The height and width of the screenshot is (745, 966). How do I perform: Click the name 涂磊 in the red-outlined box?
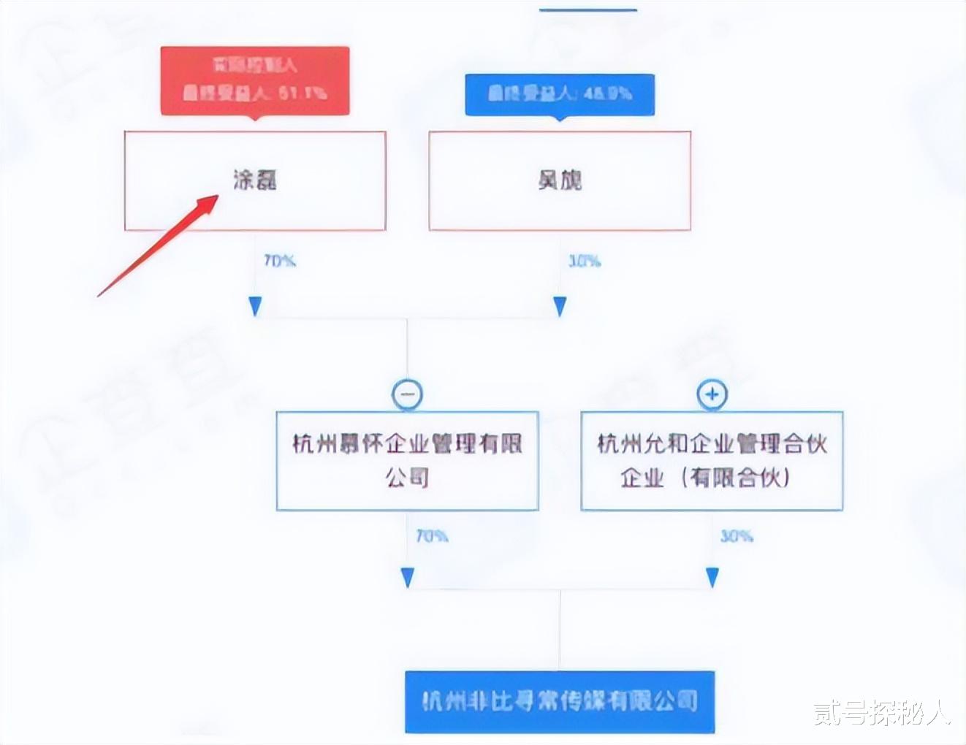pyautogui.click(x=255, y=180)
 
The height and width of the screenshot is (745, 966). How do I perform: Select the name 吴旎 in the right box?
pyautogui.click(x=560, y=180)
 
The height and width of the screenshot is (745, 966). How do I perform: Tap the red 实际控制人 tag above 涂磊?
pyautogui.click(x=255, y=80)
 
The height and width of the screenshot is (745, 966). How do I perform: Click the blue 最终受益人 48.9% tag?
pyautogui.click(x=560, y=93)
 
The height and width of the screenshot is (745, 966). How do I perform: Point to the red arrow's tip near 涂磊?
pyautogui.click(x=217, y=196)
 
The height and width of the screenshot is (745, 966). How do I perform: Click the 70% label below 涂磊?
pyautogui.click(x=279, y=261)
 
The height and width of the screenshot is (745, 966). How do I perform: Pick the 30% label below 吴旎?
pyautogui.click(x=585, y=261)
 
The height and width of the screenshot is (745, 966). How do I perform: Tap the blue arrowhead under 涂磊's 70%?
pyautogui.click(x=255, y=306)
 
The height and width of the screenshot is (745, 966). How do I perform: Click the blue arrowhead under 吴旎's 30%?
pyautogui.click(x=560, y=306)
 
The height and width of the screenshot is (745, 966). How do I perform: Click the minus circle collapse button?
pyautogui.click(x=407, y=394)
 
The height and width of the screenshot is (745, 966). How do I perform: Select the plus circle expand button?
pyautogui.click(x=712, y=394)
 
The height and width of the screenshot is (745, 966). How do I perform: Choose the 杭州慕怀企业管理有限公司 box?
pyautogui.click(x=407, y=460)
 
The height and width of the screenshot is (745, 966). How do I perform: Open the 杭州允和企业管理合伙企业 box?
pyautogui.click(x=712, y=460)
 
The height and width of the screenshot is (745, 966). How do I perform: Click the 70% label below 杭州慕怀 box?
pyautogui.click(x=432, y=536)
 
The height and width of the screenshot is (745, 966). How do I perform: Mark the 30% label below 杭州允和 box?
pyautogui.click(x=737, y=536)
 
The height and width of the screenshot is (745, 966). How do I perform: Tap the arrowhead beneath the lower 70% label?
pyautogui.click(x=408, y=578)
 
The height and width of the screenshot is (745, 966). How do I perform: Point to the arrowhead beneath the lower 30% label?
pyautogui.click(x=712, y=578)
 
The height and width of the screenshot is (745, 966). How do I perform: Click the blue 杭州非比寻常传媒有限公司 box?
pyautogui.click(x=560, y=702)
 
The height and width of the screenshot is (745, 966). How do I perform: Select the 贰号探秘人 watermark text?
pyautogui.click(x=882, y=713)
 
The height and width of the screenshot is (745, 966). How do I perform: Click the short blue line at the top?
pyautogui.click(x=587, y=9)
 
